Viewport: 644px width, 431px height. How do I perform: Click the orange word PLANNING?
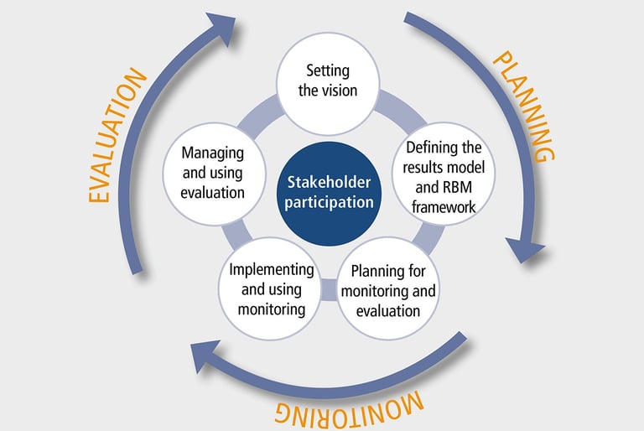coord(522,106)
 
